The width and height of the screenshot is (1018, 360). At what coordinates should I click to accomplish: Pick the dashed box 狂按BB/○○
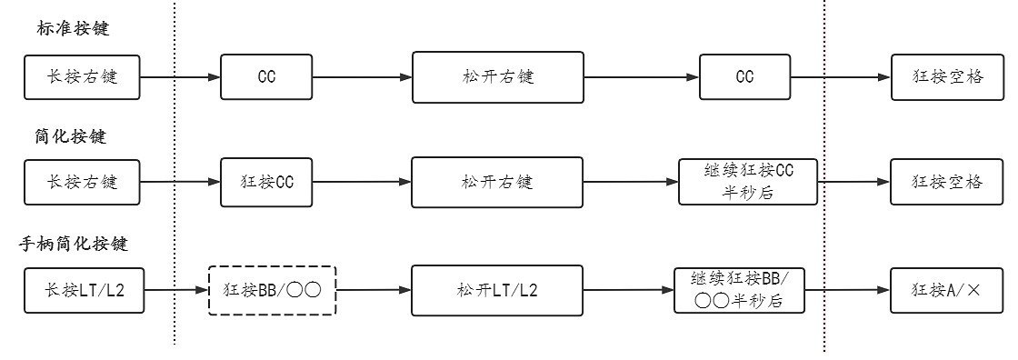tap(273, 290)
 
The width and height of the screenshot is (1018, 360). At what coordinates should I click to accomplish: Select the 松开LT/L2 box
tap(496, 290)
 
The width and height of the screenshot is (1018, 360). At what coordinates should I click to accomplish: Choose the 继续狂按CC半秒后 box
tap(748, 182)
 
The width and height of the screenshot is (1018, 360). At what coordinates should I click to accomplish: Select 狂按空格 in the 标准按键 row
tap(948, 77)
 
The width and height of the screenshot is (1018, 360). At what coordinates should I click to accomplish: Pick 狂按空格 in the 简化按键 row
tap(948, 182)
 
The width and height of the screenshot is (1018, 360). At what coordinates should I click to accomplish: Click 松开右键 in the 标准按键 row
tap(497, 77)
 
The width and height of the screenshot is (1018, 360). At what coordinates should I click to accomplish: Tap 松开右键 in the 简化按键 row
tap(496, 182)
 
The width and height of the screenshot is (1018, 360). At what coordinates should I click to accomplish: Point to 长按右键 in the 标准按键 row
tap(83, 77)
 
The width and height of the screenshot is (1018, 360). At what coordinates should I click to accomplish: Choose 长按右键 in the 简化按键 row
tap(83, 182)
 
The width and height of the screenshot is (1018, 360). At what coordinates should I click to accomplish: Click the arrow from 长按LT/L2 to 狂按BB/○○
tap(176, 290)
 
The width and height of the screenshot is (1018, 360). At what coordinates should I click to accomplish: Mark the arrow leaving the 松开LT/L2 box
tap(627, 290)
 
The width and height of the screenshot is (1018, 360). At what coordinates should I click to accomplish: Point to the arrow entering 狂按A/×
tap(848, 290)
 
